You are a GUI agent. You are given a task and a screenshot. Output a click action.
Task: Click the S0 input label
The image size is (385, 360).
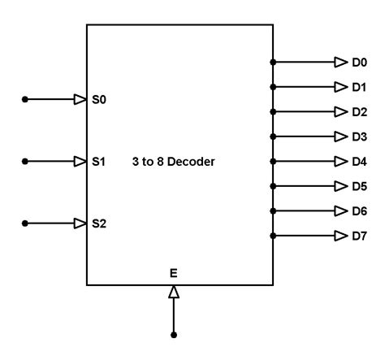tap(99, 100)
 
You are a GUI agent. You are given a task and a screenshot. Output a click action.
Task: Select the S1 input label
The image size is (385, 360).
tap(99, 162)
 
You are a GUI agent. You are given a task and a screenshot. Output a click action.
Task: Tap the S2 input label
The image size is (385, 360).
tap(99, 223)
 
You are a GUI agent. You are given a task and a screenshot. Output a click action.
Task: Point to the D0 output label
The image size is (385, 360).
tap(360, 62)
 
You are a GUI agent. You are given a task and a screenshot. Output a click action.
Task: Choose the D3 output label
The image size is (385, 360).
tap(360, 137)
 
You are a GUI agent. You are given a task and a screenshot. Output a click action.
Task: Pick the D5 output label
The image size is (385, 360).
tap(360, 186)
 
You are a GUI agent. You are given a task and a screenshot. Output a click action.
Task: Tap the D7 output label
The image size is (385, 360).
tap(360, 236)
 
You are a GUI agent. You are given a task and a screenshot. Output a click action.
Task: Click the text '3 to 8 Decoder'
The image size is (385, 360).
tap(173, 162)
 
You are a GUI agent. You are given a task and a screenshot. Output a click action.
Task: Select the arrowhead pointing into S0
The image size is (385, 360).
tap(80, 100)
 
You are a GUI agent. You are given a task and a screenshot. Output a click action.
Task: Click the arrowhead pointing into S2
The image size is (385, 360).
tap(80, 223)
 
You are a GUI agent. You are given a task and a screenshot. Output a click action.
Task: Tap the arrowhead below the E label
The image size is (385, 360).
tap(173, 291)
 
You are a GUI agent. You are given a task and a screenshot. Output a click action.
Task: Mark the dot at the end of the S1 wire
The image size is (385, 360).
tap(25, 162)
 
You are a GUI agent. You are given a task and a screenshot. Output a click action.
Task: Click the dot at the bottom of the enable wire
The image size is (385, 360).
tap(173, 335)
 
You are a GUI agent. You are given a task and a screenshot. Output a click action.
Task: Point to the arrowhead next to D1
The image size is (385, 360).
tap(341, 87)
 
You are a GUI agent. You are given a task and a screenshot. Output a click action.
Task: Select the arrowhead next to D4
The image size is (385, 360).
tap(341, 162)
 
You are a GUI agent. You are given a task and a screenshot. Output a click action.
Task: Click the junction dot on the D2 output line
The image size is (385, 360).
tap(274, 111)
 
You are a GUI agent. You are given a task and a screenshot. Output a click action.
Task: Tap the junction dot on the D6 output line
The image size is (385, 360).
tap(274, 211)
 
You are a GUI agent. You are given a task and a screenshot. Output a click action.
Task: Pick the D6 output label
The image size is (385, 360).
tap(360, 211)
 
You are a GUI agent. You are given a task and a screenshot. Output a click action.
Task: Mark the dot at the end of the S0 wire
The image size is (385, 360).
tap(25, 100)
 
